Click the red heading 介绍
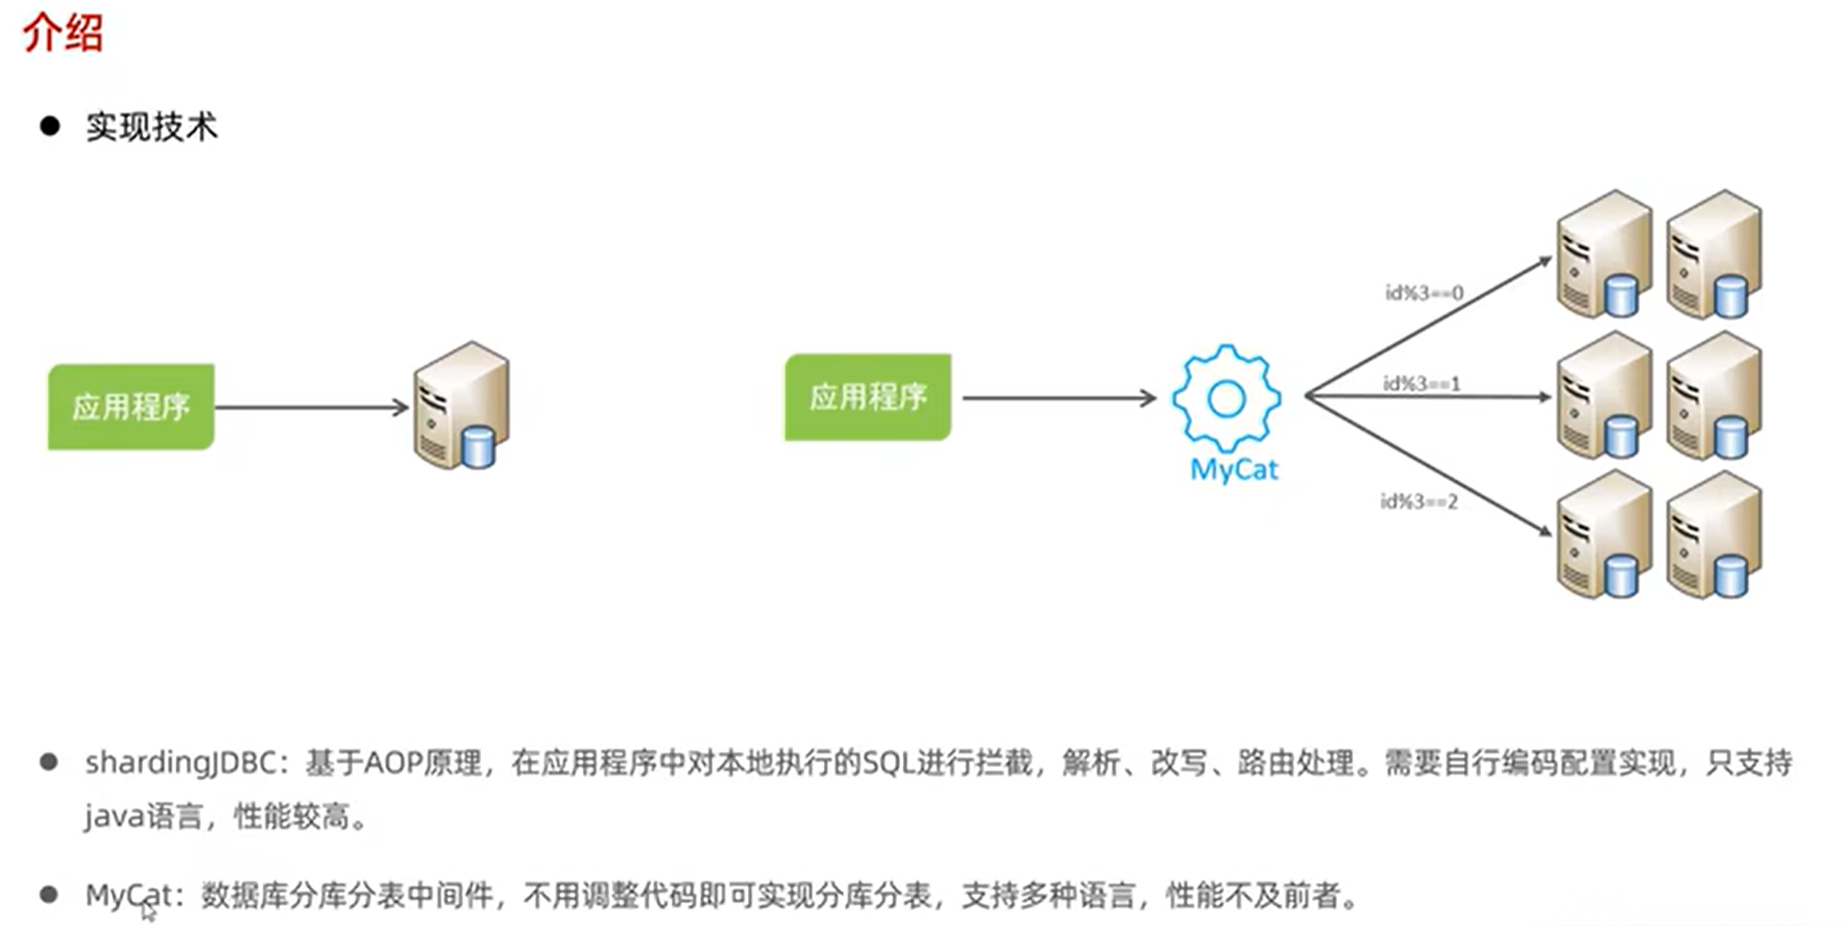(63, 33)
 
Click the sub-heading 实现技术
(152, 127)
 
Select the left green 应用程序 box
(131, 406)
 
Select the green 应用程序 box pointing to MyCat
(867, 397)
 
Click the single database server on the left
(462, 405)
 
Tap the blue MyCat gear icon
(1226, 398)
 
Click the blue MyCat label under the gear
(1234, 470)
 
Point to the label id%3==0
(1424, 293)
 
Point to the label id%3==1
(1421, 383)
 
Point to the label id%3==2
(1418, 501)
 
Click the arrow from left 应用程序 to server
(311, 407)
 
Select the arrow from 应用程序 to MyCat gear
(1058, 398)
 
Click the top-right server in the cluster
(1714, 254)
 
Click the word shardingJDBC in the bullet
(181, 763)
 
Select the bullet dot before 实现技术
(50, 126)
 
